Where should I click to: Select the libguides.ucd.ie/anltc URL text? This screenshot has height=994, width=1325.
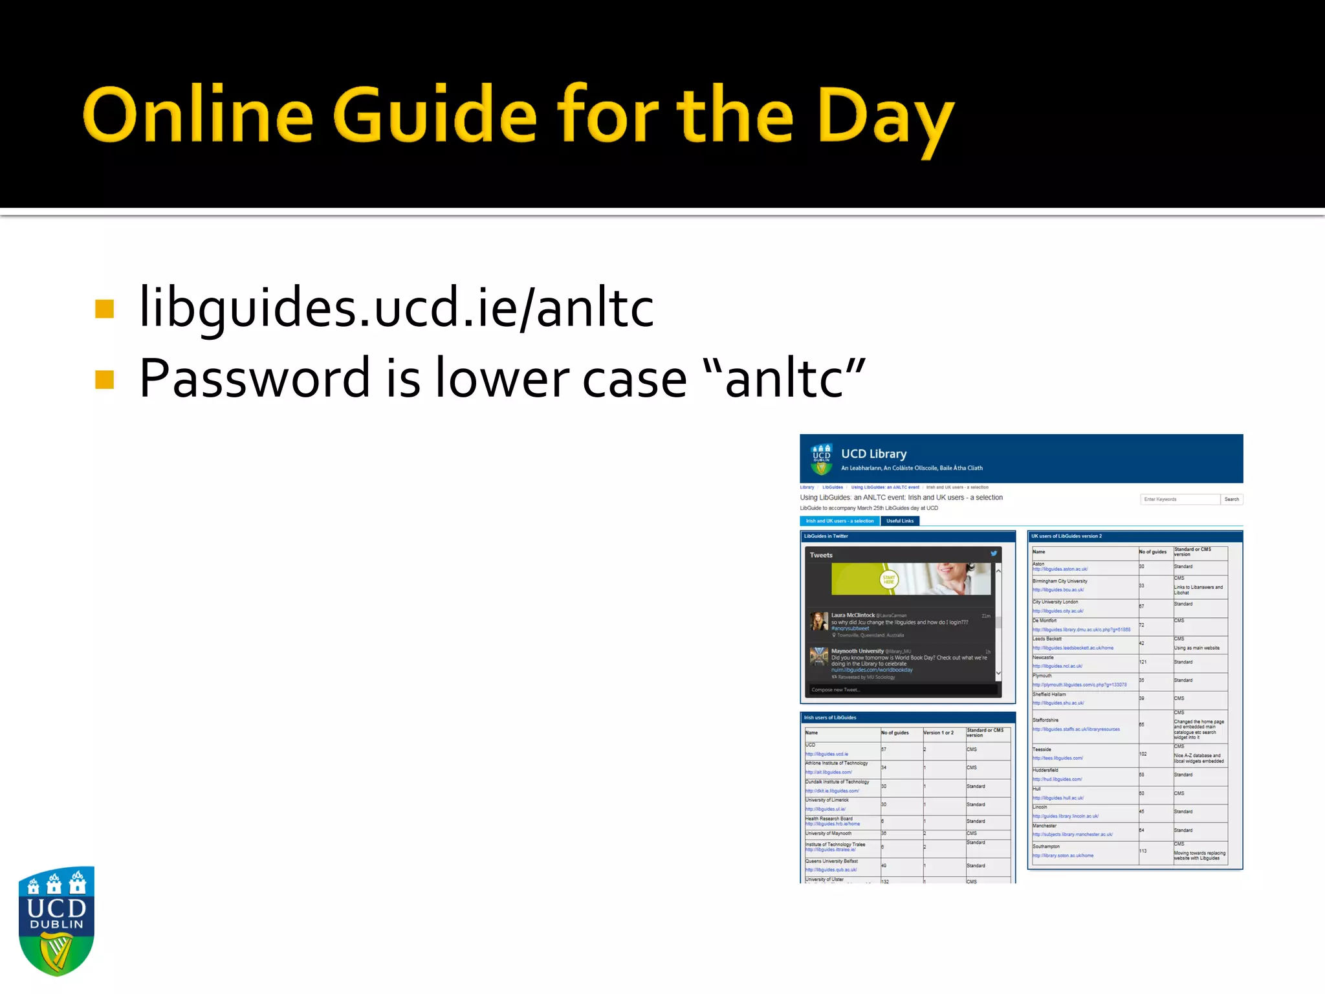click(x=396, y=307)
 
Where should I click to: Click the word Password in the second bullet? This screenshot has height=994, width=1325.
click(x=254, y=378)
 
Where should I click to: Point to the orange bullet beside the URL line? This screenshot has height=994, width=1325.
click(x=104, y=309)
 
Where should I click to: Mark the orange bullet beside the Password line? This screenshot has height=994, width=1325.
click(x=104, y=379)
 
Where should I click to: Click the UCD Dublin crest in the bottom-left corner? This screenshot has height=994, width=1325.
click(x=56, y=920)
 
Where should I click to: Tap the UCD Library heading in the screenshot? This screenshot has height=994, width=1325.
click(x=873, y=454)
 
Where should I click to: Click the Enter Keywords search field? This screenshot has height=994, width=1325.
click(x=1179, y=499)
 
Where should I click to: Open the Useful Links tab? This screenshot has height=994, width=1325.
click(x=899, y=521)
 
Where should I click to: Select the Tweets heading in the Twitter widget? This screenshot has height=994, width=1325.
click(x=821, y=555)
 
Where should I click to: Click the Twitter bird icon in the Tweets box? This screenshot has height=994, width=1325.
click(x=994, y=554)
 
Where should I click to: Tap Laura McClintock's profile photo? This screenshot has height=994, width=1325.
click(x=819, y=621)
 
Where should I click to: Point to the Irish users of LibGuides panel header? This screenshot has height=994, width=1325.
click(x=830, y=718)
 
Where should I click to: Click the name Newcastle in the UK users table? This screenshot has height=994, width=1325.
click(x=1043, y=657)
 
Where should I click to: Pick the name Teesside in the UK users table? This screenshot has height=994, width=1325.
click(x=1042, y=749)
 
